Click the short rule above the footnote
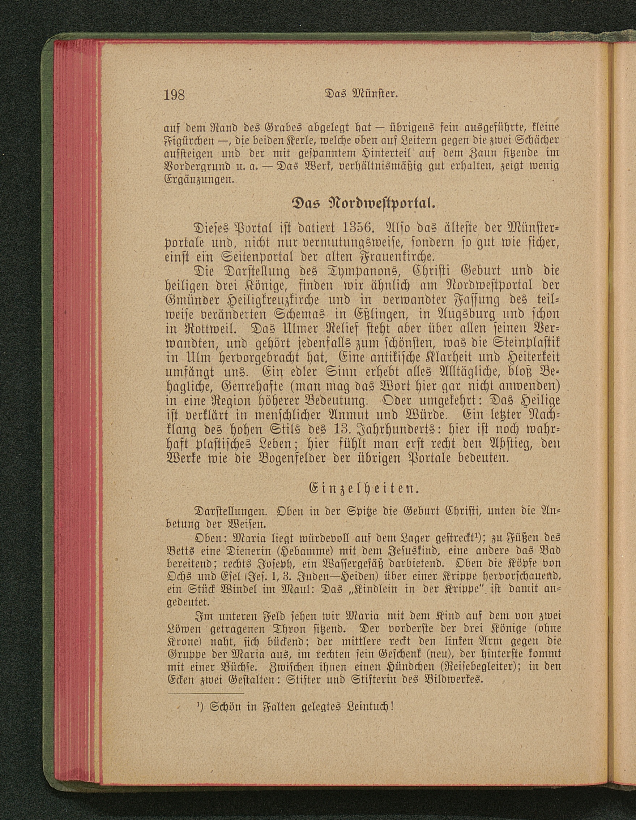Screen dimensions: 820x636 click(206, 694)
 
